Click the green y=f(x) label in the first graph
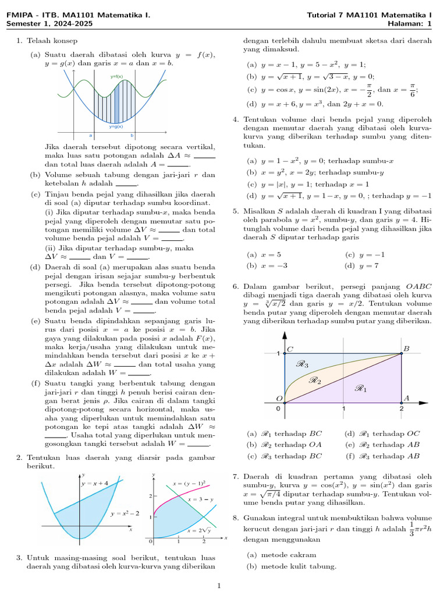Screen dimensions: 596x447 (x=116, y=76)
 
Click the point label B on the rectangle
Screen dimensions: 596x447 (x=406, y=348)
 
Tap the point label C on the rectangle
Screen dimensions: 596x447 (x=290, y=348)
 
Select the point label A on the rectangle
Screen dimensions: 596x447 (x=406, y=398)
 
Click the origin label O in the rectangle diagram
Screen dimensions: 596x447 (x=279, y=398)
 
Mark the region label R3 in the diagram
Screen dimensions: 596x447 (x=302, y=364)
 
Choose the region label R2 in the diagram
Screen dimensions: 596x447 (x=315, y=381)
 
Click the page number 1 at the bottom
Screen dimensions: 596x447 (x=219, y=586)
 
